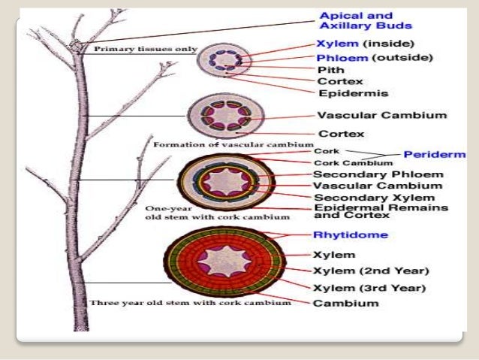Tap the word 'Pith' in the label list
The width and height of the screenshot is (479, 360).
331,69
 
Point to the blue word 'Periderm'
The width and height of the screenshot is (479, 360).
435,154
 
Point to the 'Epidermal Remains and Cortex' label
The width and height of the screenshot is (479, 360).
381,211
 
